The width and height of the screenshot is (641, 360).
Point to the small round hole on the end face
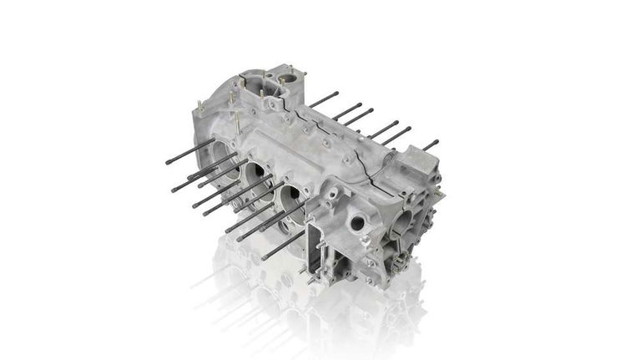[357, 223]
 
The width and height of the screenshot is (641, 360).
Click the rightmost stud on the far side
[430, 145]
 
